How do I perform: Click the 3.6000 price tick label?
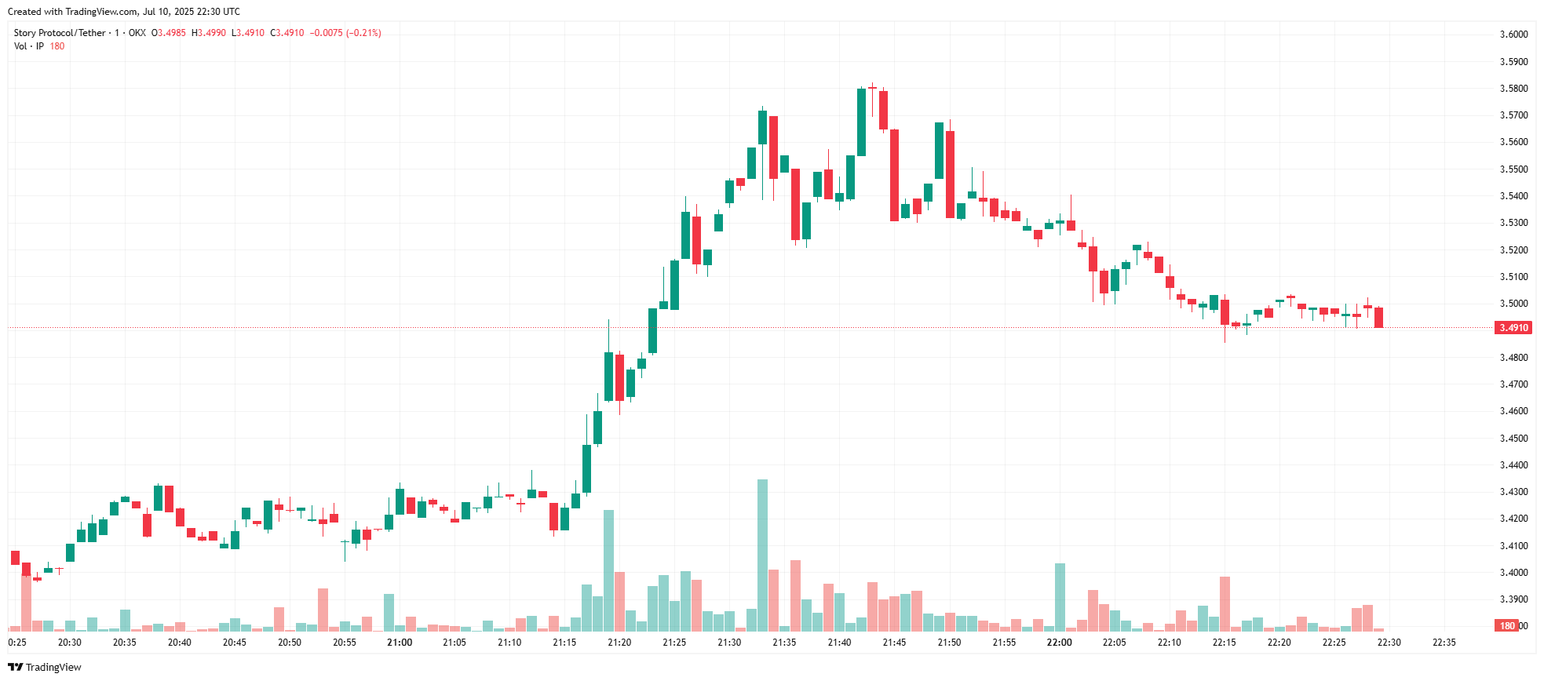click(1513, 35)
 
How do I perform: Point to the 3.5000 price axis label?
click(1513, 304)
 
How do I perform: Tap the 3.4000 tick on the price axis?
click(1513, 573)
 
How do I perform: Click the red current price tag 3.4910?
click(1513, 328)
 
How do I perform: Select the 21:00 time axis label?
click(400, 643)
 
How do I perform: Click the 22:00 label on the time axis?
click(1059, 643)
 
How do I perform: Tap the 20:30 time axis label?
click(70, 643)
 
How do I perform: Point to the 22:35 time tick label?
click(1444, 643)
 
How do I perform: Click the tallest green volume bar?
click(762, 555)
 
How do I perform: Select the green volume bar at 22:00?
click(1060, 596)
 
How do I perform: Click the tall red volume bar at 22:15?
click(1225, 603)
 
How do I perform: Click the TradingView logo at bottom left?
click(45, 667)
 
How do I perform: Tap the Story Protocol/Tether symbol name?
click(60, 33)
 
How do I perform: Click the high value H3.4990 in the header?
click(209, 33)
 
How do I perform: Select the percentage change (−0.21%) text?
click(364, 33)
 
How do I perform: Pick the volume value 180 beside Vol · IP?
click(57, 46)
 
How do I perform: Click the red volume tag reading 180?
click(1507, 626)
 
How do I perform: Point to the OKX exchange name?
click(137, 33)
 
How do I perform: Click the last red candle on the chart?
click(1378, 317)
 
